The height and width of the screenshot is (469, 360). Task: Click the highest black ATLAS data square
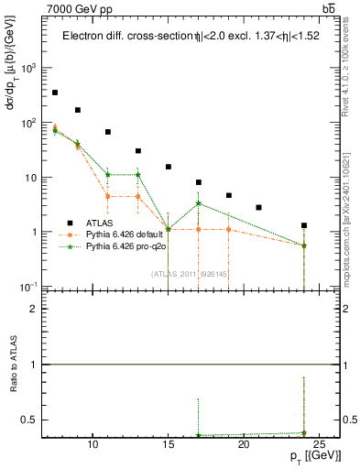point(55,93)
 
